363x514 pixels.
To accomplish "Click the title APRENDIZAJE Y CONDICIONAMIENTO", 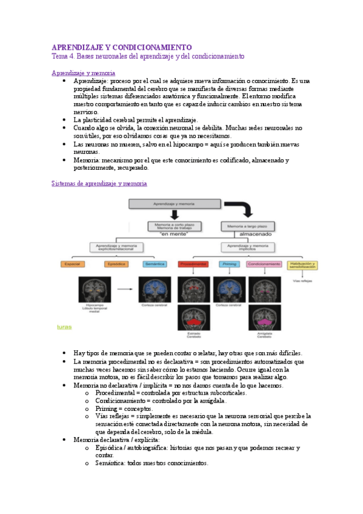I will [121, 47].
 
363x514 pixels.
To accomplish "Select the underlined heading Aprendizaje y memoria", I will [83, 73].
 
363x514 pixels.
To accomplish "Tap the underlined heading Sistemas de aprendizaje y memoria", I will [99, 183].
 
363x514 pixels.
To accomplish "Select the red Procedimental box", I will [194, 264].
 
